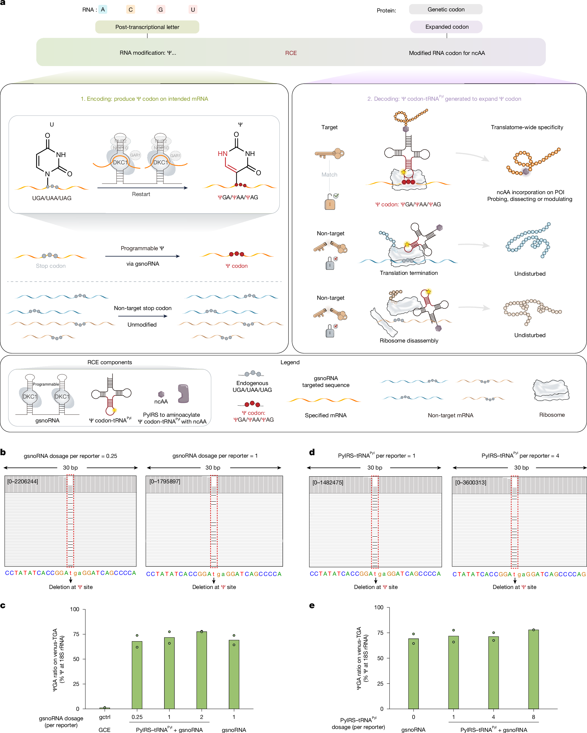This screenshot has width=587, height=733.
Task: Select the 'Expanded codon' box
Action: pyautogui.click(x=446, y=27)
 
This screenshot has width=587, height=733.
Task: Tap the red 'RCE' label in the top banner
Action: pyautogui.click(x=291, y=53)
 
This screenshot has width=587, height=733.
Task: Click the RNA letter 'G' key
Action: pyautogui.click(x=161, y=9)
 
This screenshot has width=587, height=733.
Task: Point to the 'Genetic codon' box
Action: pyautogui.click(x=446, y=9)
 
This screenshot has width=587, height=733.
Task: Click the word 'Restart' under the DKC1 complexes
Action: pyautogui.click(x=141, y=194)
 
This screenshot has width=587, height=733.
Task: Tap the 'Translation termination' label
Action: pyautogui.click(x=408, y=273)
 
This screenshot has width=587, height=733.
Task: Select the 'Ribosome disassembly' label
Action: pyautogui.click(x=409, y=341)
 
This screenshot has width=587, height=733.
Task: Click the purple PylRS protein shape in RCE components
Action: pyautogui.click(x=183, y=393)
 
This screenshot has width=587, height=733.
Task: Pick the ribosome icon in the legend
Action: pyautogui.click(x=551, y=390)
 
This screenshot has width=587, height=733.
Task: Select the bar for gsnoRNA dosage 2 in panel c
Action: pyautogui.click(x=202, y=670)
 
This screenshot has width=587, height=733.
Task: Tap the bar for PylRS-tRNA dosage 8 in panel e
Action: pyautogui.click(x=533, y=669)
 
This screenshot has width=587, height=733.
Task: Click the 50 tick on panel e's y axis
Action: pyautogui.click(x=380, y=658)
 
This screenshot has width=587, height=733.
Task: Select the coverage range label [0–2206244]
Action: pyautogui.click(x=23, y=481)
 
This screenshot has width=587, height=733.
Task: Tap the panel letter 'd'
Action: pyautogui.click(x=312, y=452)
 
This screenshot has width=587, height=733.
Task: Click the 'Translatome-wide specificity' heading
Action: pyautogui.click(x=527, y=127)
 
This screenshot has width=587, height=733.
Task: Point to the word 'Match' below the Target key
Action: pyautogui.click(x=329, y=175)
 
